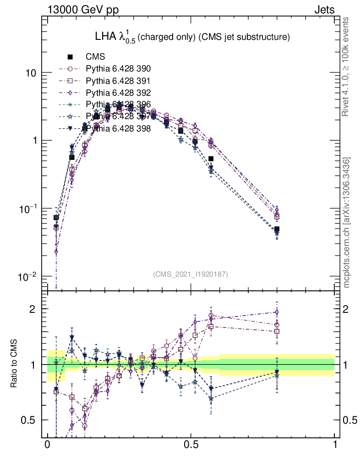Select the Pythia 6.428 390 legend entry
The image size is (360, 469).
[118, 69]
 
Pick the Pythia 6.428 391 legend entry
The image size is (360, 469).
[118, 81]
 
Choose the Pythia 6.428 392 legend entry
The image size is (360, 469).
[118, 93]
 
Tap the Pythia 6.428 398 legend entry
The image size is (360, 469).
[118, 129]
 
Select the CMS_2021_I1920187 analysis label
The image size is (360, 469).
[191, 274]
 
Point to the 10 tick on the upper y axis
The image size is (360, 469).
[30, 73]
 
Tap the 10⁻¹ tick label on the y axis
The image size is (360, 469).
[27, 208]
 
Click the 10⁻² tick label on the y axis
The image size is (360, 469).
[27, 276]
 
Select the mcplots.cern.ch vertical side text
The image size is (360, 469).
[347, 222]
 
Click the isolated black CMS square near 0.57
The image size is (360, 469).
[211, 159]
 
